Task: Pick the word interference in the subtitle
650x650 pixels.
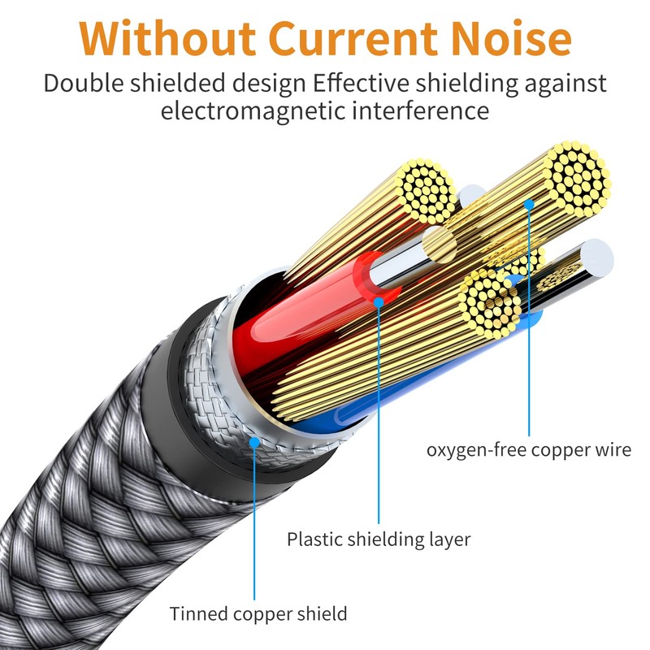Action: (x=423, y=110)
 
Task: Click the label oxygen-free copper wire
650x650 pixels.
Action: (x=529, y=449)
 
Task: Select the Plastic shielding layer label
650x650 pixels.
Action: (x=379, y=539)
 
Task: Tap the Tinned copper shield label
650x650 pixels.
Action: (x=258, y=613)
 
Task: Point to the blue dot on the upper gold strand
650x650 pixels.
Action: (x=529, y=203)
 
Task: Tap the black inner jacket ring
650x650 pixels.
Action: (x=175, y=374)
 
